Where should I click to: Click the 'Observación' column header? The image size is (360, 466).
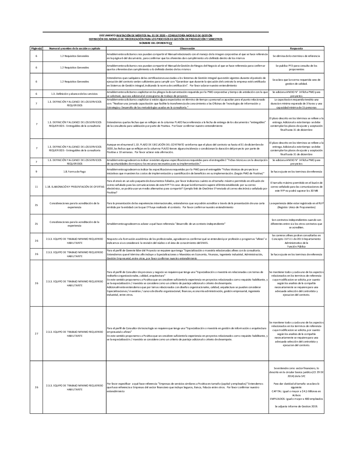pyautogui.click(x=187, y=48)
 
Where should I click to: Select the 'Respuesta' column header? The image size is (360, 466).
pyautogui.click(x=296, y=48)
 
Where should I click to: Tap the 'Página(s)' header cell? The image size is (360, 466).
pyautogui.click(x=36, y=48)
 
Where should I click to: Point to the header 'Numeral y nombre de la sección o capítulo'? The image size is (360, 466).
pyautogui.click(x=74, y=48)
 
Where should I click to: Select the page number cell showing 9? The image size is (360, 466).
pyautogui.click(x=36, y=172)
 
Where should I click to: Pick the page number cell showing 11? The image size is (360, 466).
pyautogui.click(x=36, y=187)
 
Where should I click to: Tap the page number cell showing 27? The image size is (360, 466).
pyautogui.click(x=36, y=333)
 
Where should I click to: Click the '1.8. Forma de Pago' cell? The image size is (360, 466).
pyautogui.click(x=74, y=172)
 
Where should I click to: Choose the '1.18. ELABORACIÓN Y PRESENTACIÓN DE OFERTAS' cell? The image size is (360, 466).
pyautogui.click(x=74, y=187)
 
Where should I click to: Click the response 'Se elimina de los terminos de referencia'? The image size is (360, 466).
pyautogui.click(x=296, y=56)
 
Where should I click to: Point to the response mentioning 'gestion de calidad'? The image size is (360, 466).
pyautogui.click(x=296, y=81)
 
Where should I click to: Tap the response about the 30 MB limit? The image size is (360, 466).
pyautogui.click(x=296, y=187)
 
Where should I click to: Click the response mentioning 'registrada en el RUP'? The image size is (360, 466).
pyautogui.click(x=296, y=205)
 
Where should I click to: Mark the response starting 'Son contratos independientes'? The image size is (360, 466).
pyautogui.click(x=296, y=224)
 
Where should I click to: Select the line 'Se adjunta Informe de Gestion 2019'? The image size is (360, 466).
pyautogui.click(x=296, y=406)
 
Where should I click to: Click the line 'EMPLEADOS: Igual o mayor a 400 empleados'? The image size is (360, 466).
pyautogui.click(x=296, y=399)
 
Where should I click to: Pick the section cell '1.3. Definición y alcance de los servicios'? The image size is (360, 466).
pyautogui.click(x=74, y=94)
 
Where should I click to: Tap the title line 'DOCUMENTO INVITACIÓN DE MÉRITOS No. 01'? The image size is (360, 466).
pyautogui.click(x=156, y=35)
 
